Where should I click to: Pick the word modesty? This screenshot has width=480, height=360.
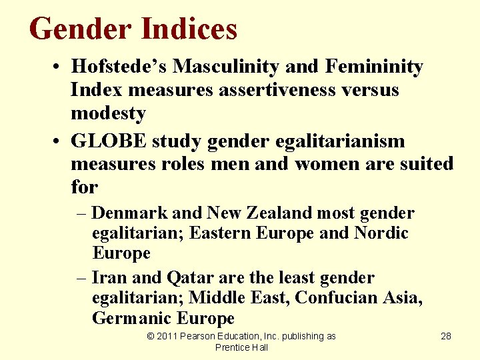(x=108, y=113)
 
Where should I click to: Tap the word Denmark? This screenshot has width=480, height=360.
(x=130, y=213)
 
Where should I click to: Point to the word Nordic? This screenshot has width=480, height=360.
(x=381, y=233)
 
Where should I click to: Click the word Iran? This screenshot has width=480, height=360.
(x=104, y=277)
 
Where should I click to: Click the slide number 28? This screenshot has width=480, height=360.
(x=446, y=336)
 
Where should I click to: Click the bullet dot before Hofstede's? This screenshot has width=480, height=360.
(x=60, y=67)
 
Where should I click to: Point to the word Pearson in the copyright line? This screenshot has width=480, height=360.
(x=202, y=336)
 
